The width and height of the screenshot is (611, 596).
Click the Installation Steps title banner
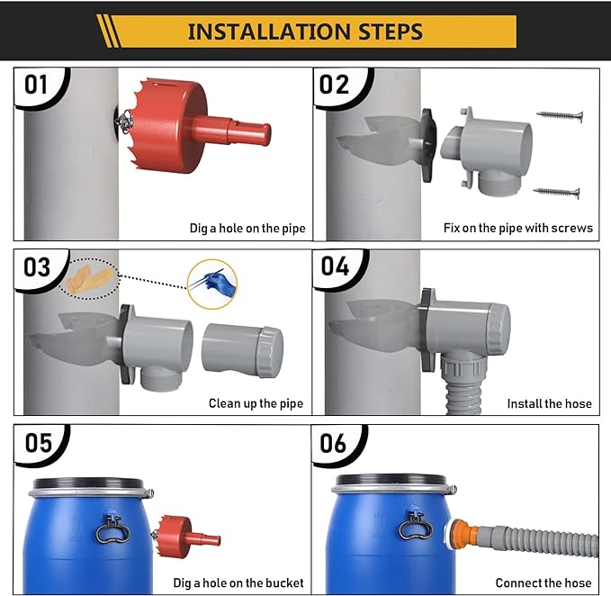pyautogui.click(x=306, y=32)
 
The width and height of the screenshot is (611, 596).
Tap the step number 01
pyautogui.click(x=36, y=85)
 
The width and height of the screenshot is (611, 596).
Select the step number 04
pyautogui.click(x=335, y=266)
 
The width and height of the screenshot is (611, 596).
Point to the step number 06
pyautogui.click(x=333, y=443)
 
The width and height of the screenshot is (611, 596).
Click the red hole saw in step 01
pyautogui.click(x=193, y=125)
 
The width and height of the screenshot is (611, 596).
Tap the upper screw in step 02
pyautogui.click(x=560, y=115)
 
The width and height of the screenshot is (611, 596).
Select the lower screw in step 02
pyautogui.click(x=556, y=192)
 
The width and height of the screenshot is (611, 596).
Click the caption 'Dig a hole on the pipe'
pyautogui.click(x=247, y=228)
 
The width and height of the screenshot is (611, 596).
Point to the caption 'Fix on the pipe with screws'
pyautogui.click(x=518, y=228)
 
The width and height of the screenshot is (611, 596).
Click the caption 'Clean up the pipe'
pyautogui.click(x=256, y=403)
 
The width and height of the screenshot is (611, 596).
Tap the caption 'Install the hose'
pyautogui.click(x=550, y=403)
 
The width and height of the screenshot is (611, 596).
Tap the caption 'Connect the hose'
pyautogui.click(x=544, y=582)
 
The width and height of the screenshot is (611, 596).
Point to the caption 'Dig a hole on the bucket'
pyautogui.click(x=238, y=582)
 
